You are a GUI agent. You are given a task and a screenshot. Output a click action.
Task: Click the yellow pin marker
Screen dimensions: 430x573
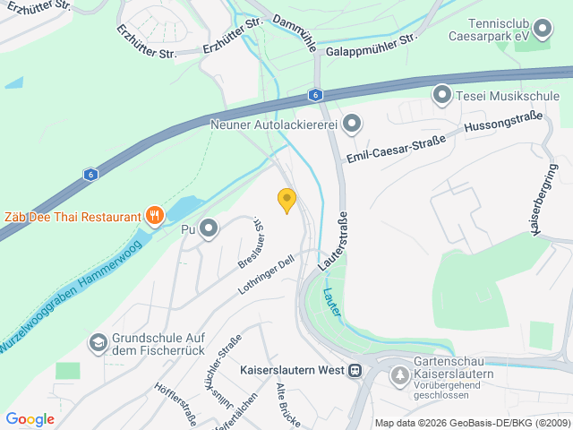(x=286, y=200)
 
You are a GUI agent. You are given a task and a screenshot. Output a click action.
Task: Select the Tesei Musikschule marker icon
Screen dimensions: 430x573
(x=441, y=94)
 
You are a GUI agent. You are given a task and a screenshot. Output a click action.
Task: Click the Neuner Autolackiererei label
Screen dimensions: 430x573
(x=272, y=125)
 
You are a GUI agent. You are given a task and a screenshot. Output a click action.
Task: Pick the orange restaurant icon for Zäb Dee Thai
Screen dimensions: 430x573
(x=155, y=215)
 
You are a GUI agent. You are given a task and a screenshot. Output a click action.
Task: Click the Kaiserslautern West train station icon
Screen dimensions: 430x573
(x=355, y=369)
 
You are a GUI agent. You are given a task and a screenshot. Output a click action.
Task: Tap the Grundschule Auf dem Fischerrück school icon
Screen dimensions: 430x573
(x=97, y=342)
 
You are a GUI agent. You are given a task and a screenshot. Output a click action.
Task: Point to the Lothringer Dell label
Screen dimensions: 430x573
(x=266, y=276)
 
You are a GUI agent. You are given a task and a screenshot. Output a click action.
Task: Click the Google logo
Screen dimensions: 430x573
(x=30, y=418)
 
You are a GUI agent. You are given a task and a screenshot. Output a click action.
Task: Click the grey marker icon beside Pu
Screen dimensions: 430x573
(x=210, y=229)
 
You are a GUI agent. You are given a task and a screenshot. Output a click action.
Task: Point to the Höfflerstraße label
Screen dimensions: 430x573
(x=175, y=404)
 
